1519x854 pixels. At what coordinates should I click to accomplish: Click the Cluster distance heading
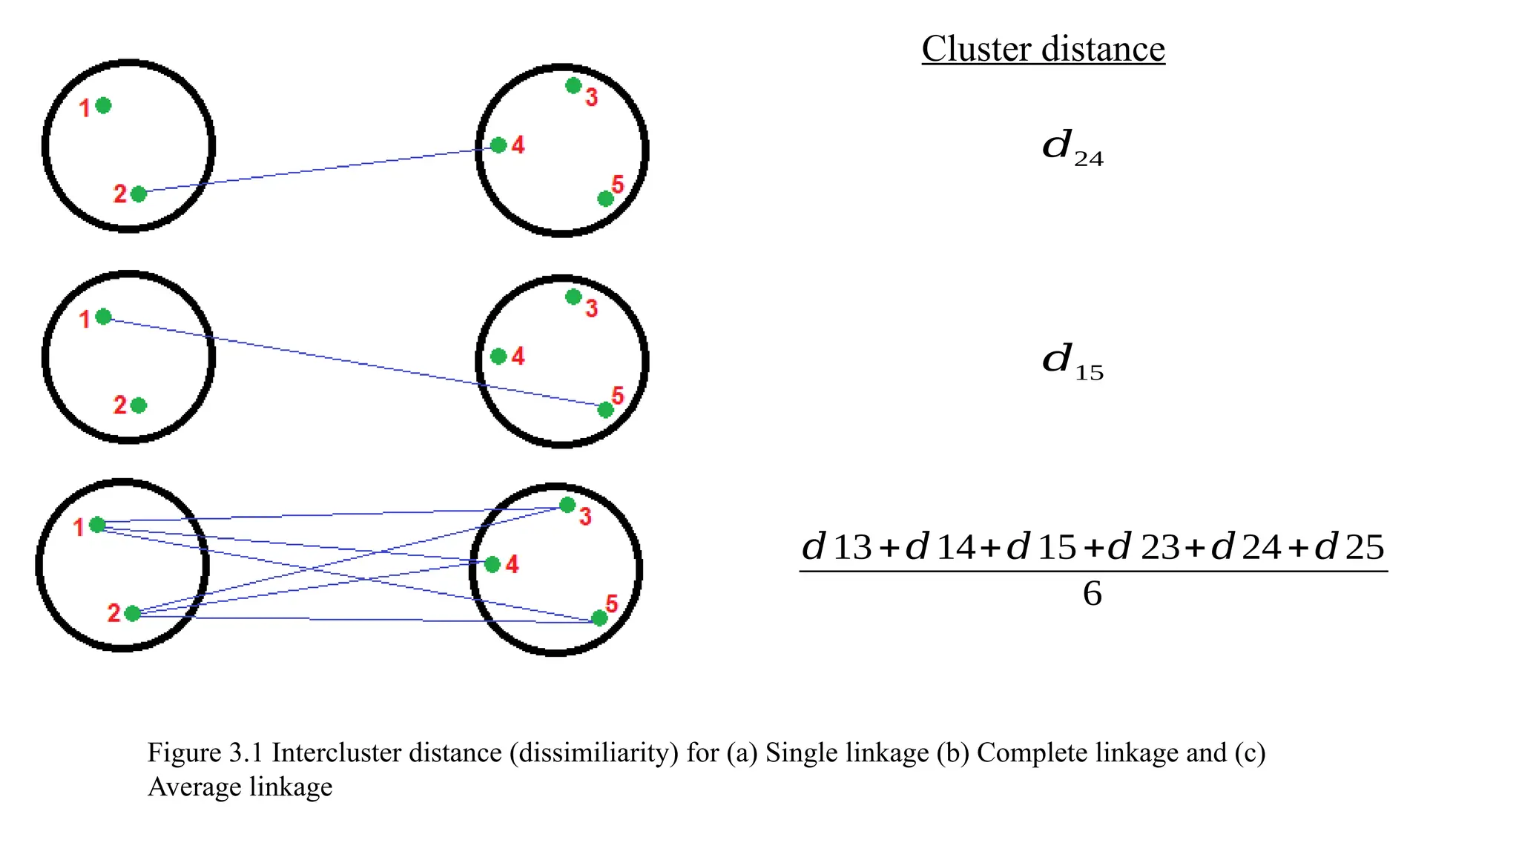pyautogui.click(x=1043, y=49)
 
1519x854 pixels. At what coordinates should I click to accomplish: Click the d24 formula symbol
pyautogui.click(x=1071, y=147)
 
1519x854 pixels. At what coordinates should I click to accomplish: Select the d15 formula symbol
pyautogui.click(x=1071, y=361)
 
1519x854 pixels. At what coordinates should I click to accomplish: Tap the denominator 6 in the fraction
pyautogui.click(x=1092, y=594)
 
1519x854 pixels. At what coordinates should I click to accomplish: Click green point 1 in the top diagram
pyautogui.click(x=104, y=105)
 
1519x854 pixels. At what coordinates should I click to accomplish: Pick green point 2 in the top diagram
pyautogui.click(x=139, y=194)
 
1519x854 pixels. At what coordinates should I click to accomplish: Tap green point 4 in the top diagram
pyautogui.click(x=498, y=145)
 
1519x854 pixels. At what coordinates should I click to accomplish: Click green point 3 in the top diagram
pyautogui.click(x=573, y=86)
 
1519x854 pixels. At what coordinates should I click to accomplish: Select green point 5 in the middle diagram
pyautogui.click(x=605, y=410)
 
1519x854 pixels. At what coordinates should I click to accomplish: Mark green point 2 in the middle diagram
pyautogui.click(x=139, y=406)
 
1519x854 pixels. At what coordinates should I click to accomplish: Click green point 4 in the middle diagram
pyautogui.click(x=498, y=357)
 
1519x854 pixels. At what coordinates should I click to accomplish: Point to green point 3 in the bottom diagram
pyautogui.click(x=567, y=505)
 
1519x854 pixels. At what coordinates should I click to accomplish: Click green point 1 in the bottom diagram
pyautogui.click(x=97, y=525)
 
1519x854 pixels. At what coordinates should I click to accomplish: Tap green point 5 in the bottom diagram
pyautogui.click(x=599, y=618)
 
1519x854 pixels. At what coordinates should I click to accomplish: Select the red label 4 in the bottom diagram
pyautogui.click(x=512, y=565)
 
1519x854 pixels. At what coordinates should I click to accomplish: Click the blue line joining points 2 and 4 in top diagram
pyautogui.click(x=319, y=170)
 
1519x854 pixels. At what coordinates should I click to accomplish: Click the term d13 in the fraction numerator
pyautogui.click(x=836, y=547)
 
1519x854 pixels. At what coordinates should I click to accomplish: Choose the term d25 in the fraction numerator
pyautogui.click(x=1349, y=547)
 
